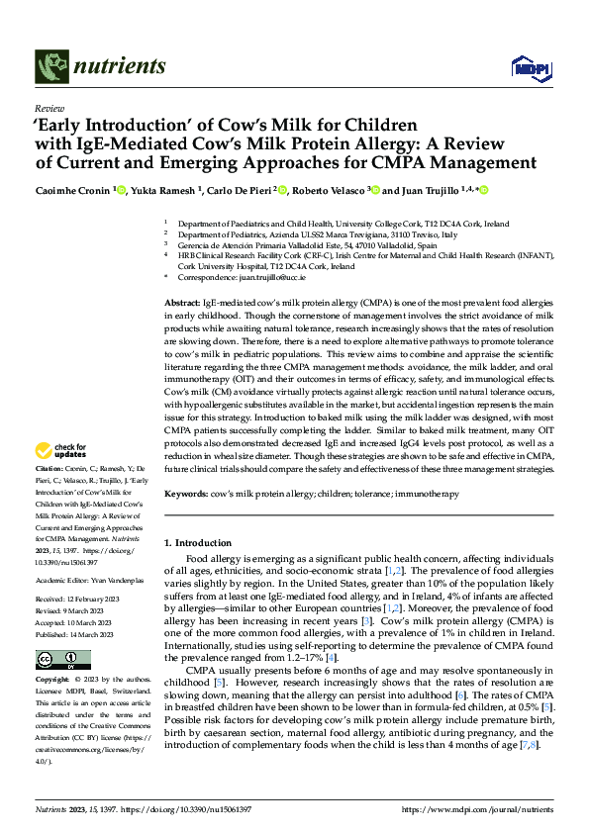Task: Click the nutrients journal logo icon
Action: [x=49, y=67]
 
